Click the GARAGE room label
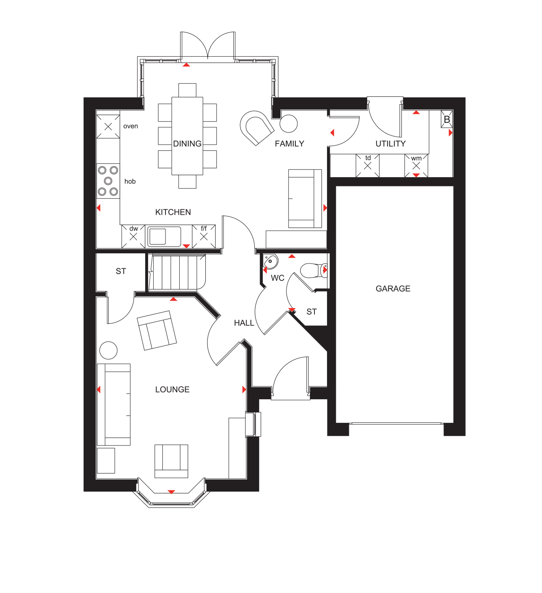393,289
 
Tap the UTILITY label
390,143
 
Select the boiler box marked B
447,119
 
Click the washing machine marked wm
416,165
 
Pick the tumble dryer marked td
368,165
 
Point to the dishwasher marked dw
133,236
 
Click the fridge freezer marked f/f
204,236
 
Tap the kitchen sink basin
157,236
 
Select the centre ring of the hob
108,181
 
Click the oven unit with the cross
108,126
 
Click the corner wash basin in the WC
270,261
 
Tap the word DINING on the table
187,143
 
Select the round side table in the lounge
108,350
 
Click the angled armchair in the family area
256,127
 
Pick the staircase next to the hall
177,272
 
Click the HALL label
244,323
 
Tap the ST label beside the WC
312,312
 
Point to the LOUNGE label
172,390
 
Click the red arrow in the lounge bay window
171,492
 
